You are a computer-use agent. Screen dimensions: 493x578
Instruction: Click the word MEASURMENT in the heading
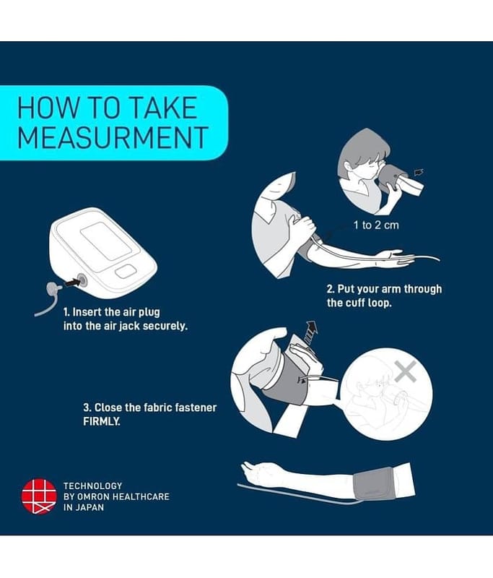pos(113,137)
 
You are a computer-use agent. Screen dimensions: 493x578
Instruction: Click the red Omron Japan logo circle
pos(39,496)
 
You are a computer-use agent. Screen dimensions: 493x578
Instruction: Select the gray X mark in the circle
pos(406,371)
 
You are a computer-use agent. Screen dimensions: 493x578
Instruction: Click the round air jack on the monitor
pos(82,280)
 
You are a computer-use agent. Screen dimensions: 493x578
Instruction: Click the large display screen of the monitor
pos(106,242)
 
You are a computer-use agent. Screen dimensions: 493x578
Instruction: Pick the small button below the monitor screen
pos(126,272)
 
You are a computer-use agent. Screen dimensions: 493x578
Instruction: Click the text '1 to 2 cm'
pos(376,225)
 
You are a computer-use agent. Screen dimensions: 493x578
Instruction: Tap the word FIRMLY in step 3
pos(102,421)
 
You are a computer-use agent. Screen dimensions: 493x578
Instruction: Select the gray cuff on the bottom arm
pos(374,483)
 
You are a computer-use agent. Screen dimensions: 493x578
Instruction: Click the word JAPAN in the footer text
pos(90,507)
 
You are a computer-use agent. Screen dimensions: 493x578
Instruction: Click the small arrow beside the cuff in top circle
pos(419,172)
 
